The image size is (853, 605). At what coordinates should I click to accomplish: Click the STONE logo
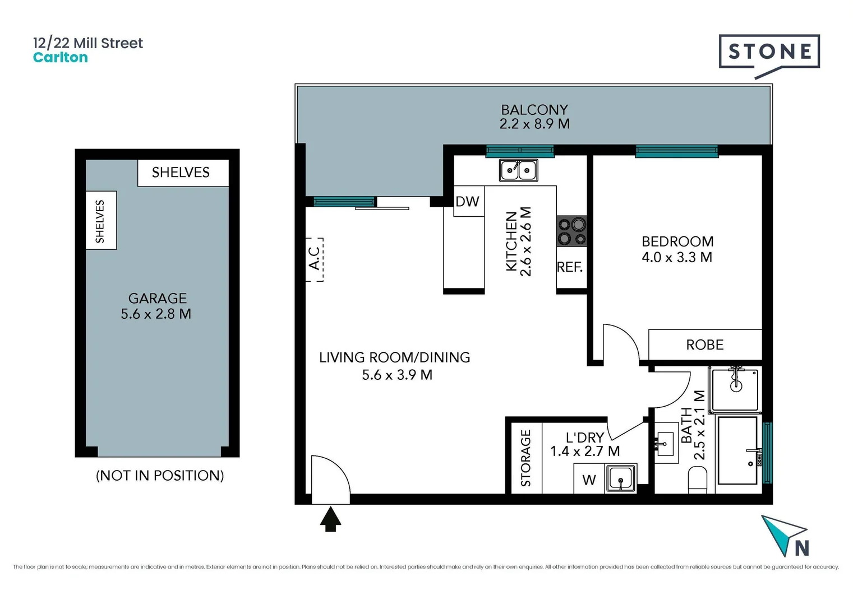click(x=769, y=52)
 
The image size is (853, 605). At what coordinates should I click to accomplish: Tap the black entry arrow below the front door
click(x=330, y=519)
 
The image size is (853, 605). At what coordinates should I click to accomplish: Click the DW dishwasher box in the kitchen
click(x=468, y=201)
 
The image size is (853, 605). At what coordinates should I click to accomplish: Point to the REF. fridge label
click(x=570, y=267)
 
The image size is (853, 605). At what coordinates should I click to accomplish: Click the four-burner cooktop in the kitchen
click(x=571, y=231)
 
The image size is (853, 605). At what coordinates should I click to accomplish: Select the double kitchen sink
click(x=518, y=170)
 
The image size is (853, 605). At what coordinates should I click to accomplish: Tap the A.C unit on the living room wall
click(x=315, y=259)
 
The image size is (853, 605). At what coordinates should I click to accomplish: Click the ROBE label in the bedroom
click(x=704, y=345)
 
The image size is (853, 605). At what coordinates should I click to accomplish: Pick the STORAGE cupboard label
click(x=525, y=457)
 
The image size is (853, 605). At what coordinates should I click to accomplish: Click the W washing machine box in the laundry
click(x=589, y=480)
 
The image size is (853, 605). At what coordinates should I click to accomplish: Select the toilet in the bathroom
click(x=697, y=480)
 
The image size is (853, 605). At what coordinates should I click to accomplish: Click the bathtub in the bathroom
click(x=738, y=450)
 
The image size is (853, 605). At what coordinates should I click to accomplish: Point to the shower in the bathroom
click(x=735, y=389)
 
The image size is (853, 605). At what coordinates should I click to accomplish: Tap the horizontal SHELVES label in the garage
click(x=181, y=173)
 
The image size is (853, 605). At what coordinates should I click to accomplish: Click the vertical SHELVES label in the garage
click(x=100, y=221)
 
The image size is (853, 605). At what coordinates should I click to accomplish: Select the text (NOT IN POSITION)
click(x=160, y=476)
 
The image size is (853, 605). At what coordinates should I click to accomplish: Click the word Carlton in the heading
click(x=61, y=58)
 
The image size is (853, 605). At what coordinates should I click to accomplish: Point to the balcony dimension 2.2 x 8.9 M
click(x=534, y=124)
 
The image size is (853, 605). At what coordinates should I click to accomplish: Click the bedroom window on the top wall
click(x=676, y=150)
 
